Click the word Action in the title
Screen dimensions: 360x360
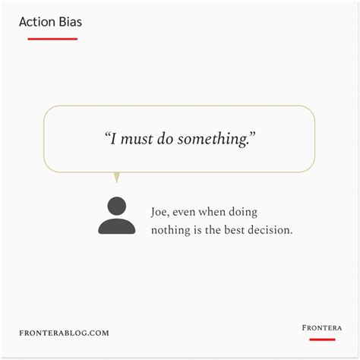36,21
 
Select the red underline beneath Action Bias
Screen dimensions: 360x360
52,38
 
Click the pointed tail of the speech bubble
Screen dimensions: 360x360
116,178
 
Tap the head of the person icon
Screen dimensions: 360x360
116,206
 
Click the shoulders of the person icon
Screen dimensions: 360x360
116,226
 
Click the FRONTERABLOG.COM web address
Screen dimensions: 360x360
65,333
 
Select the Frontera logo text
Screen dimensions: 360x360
321,328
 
